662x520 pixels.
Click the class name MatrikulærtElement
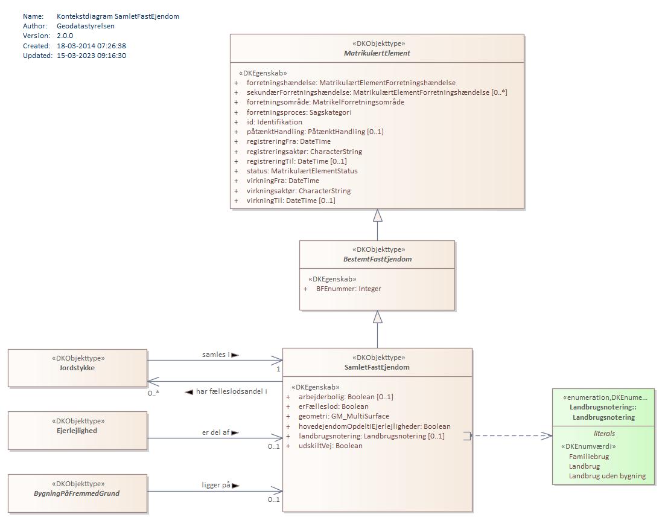point(377,53)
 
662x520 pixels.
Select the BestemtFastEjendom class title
point(377,259)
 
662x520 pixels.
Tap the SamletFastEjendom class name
point(378,367)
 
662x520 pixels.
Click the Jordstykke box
point(77,367)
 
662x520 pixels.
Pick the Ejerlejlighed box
point(77,431)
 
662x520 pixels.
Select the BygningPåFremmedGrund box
point(77,493)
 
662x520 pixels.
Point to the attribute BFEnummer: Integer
point(348,289)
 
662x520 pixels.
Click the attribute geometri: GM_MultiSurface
point(343,416)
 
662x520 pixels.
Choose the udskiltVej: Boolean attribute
point(330,446)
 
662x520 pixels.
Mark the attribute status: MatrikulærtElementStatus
point(302,171)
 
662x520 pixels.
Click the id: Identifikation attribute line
point(274,122)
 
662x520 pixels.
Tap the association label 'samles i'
point(215,355)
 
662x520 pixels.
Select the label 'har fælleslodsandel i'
point(231,391)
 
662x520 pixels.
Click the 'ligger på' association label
point(216,485)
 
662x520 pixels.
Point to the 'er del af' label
point(215,432)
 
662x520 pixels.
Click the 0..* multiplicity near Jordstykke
point(153,393)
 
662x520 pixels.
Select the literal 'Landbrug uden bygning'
point(606,476)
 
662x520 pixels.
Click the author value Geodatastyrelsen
point(85,26)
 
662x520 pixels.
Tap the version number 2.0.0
point(65,36)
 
